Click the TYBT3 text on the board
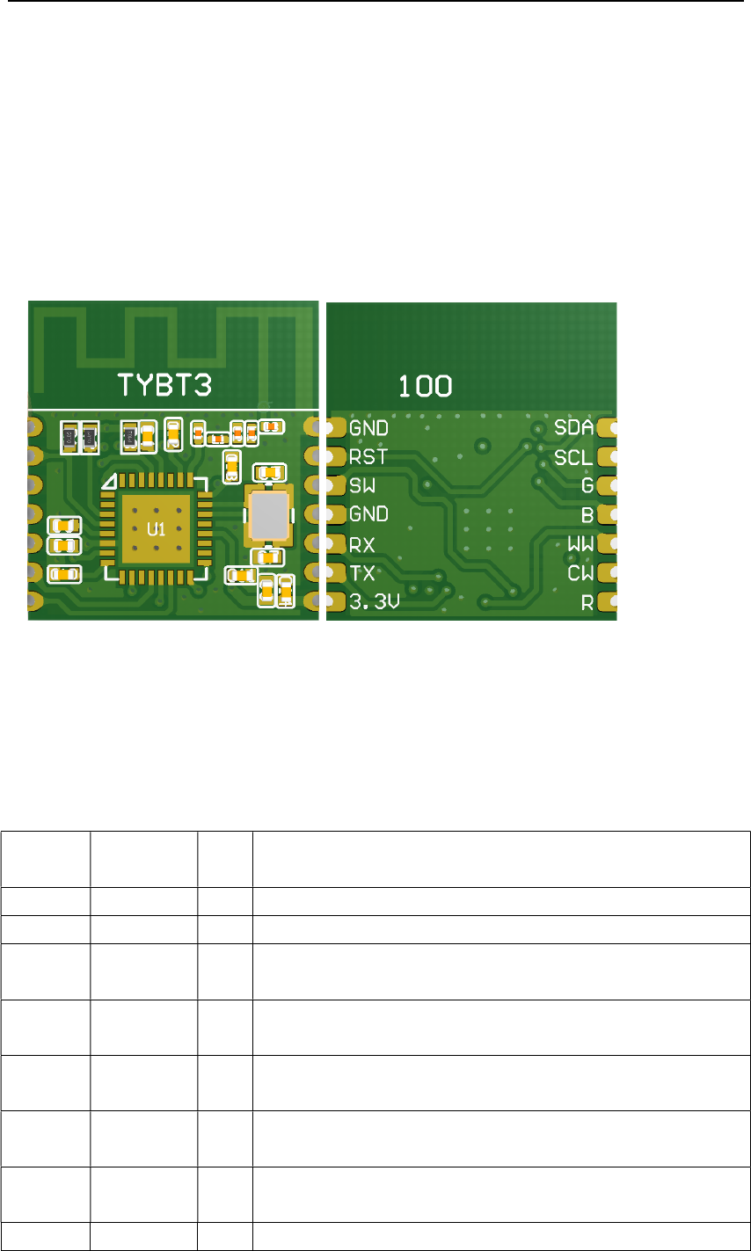165,384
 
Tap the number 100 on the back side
426,385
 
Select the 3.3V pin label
375,602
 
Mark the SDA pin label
572,429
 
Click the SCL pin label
572,458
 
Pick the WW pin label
580,544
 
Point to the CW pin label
580,573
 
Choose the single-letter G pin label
587,485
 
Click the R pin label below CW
587,603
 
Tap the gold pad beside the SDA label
607,428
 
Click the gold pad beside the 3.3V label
334,602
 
